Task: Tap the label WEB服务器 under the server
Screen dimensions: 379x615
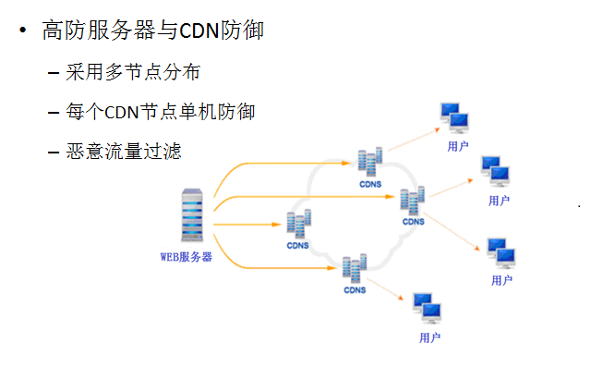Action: tap(188, 256)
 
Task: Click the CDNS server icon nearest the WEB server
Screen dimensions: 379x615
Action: tap(298, 226)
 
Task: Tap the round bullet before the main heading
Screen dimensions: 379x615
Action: tap(21, 31)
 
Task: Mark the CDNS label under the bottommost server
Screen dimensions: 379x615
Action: tap(356, 290)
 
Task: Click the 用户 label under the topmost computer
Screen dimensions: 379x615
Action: tap(457, 145)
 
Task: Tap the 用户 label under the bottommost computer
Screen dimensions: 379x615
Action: tap(429, 337)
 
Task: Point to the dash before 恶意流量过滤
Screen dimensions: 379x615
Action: tap(54, 152)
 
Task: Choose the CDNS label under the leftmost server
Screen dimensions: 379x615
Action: tap(298, 247)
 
